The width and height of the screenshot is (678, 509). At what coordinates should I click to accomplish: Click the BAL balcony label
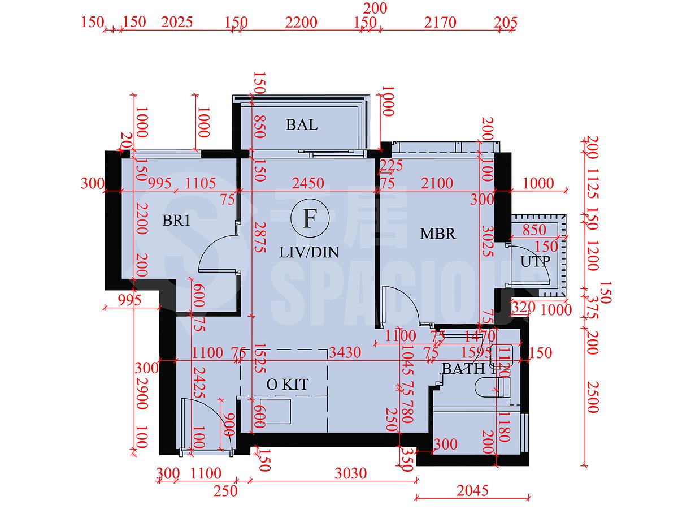click(302, 124)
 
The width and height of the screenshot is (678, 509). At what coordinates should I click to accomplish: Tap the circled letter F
click(308, 218)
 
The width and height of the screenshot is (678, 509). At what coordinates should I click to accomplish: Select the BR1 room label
click(176, 221)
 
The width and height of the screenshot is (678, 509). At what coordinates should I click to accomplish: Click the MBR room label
click(438, 233)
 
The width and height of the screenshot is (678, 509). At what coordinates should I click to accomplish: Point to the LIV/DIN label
click(309, 252)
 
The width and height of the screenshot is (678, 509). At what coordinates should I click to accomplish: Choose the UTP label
click(534, 262)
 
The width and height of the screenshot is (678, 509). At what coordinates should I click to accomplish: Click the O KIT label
click(287, 385)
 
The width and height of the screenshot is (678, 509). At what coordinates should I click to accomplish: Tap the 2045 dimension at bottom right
click(472, 490)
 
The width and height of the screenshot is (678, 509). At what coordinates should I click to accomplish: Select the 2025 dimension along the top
click(177, 23)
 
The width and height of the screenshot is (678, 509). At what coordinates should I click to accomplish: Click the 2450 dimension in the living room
click(308, 183)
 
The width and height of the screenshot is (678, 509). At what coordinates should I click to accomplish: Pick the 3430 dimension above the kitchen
click(345, 353)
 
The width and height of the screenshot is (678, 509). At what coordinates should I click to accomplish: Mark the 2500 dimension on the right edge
click(592, 397)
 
